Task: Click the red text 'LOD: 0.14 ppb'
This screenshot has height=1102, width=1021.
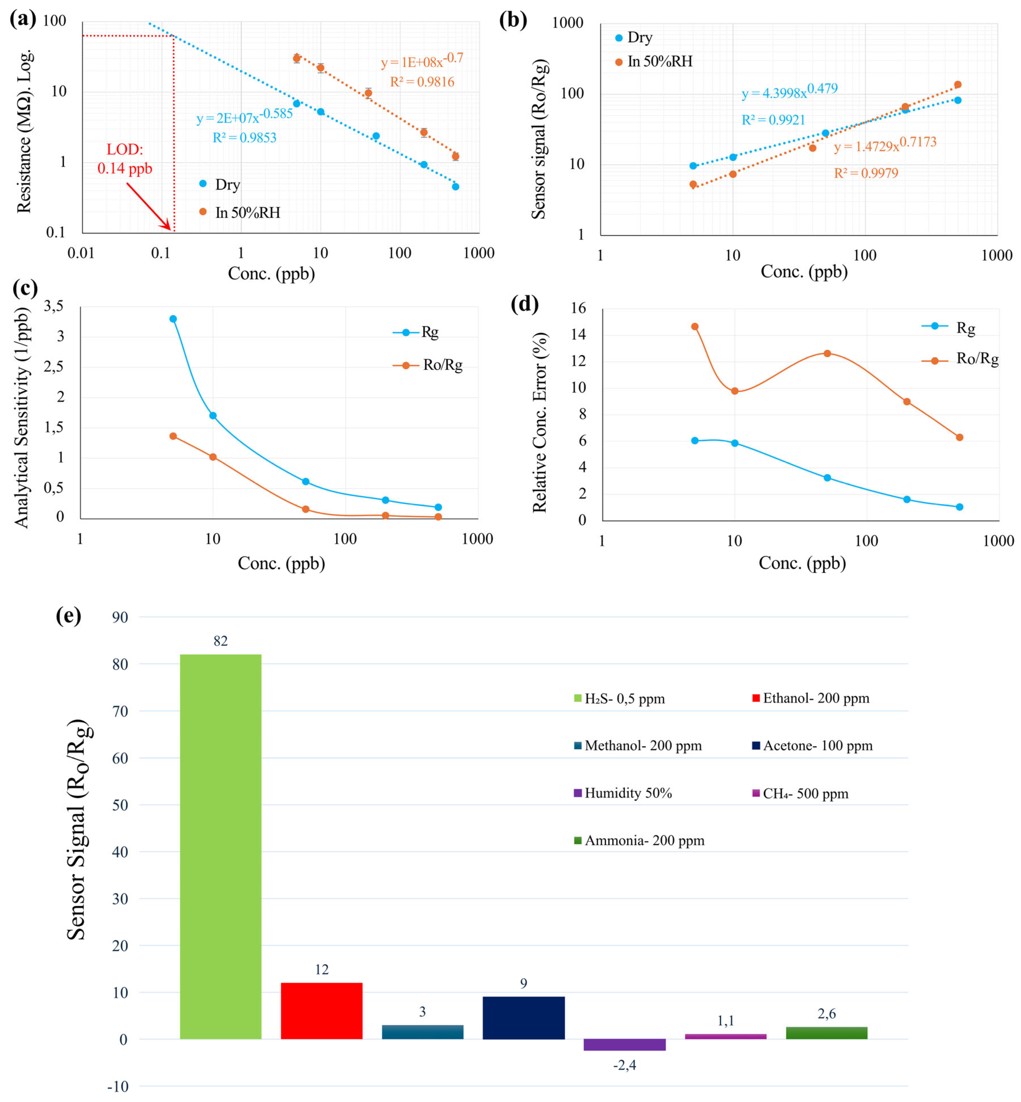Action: (x=125, y=159)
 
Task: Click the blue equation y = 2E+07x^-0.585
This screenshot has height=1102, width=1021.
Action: (x=244, y=117)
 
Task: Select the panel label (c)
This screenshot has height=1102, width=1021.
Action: (x=25, y=288)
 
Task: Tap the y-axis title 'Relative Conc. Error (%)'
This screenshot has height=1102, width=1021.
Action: (x=540, y=422)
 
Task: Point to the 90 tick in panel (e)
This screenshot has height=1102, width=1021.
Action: (x=120, y=617)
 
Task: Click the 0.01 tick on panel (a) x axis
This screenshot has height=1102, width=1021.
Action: (x=81, y=253)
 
